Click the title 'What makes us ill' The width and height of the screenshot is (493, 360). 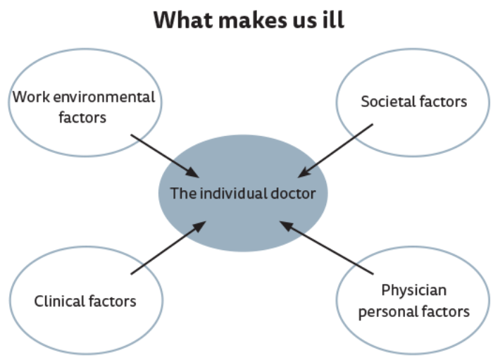pos(249,19)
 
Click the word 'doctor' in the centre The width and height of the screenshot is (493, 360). pos(293,193)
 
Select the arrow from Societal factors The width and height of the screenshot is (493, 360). pos(336,151)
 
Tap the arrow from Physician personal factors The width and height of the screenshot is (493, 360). pos(325,247)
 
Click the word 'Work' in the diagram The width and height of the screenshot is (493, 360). pos(28,97)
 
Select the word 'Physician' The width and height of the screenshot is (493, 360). pos(414,290)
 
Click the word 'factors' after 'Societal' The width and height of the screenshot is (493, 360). pos(444,101)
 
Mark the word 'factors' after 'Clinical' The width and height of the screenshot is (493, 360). pos(112,302)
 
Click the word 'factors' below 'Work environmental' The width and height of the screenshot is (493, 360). pos(83,117)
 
